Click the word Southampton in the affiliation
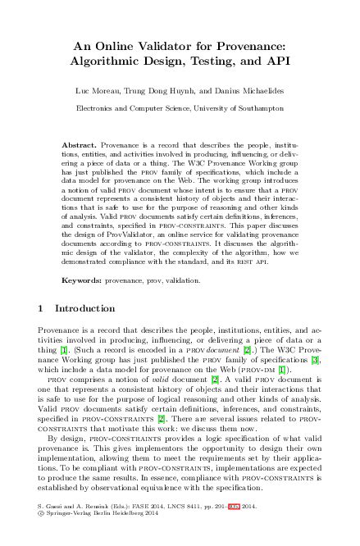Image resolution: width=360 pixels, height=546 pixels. coord(262,107)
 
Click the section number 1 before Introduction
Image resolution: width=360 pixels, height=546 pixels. coord(42,309)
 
